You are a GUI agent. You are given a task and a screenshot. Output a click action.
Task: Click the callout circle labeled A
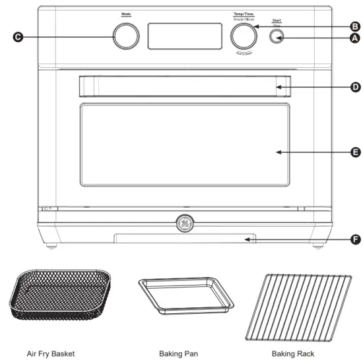[355, 38]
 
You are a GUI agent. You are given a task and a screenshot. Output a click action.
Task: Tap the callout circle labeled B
[355, 26]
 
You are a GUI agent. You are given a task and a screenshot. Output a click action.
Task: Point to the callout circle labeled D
[355, 86]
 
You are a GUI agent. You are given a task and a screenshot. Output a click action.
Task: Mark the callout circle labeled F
[355, 239]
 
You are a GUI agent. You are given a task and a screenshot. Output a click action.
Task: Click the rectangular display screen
[184, 36]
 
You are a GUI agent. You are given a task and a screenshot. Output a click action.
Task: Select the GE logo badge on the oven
[184, 224]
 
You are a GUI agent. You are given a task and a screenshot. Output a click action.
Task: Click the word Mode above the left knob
[125, 14]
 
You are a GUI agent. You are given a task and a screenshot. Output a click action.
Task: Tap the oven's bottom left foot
[51, 248]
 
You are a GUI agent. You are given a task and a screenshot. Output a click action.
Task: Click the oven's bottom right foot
[319, 248]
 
